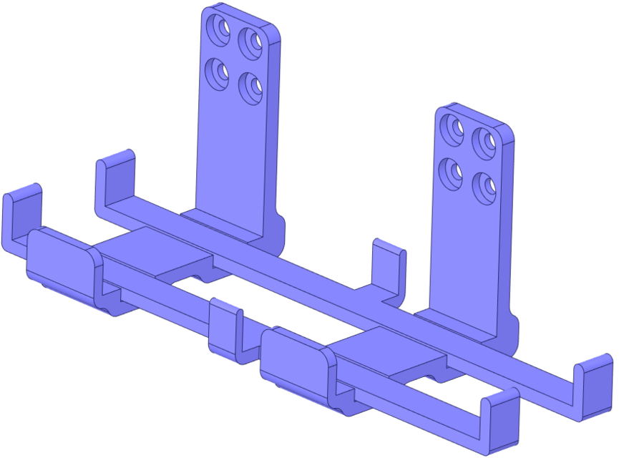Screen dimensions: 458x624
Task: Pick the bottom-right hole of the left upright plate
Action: tap(250, 87)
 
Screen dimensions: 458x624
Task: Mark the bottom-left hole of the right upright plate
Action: tap(452, 171)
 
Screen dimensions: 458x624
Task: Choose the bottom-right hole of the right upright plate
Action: tap(485, 187)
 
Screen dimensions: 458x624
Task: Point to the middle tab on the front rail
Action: tap(224, 329)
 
